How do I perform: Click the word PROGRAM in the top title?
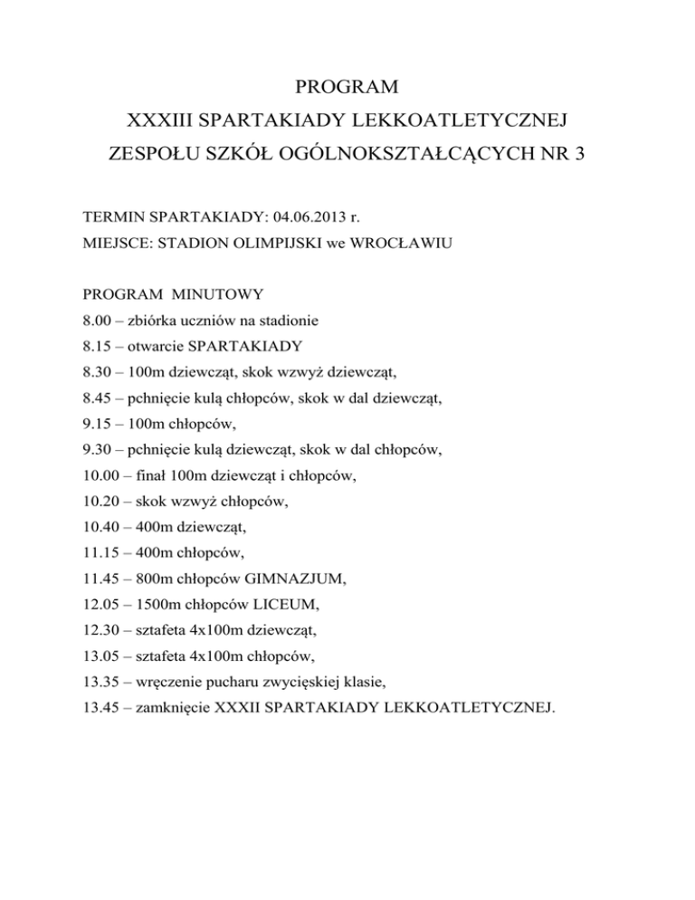tap(347, 88)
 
